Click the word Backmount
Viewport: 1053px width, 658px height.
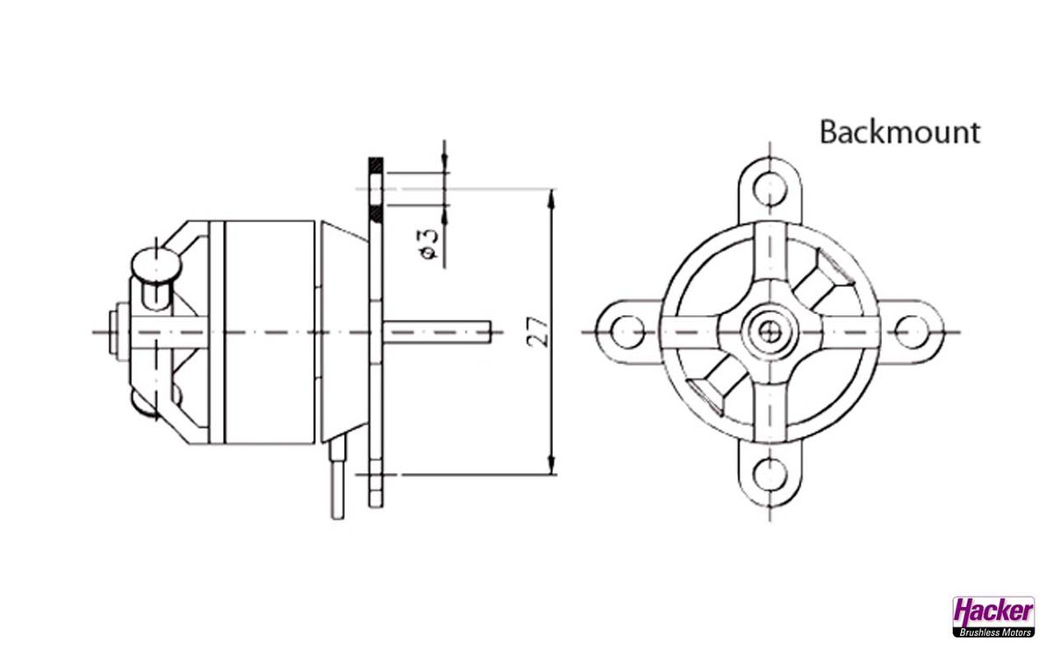coord(899,132)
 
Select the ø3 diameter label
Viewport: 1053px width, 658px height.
coord(428,243)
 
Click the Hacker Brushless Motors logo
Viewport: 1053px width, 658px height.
coord(993,616)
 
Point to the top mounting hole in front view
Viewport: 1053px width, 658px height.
coord(770,189)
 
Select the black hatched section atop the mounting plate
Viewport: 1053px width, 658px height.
coord(376,163)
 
